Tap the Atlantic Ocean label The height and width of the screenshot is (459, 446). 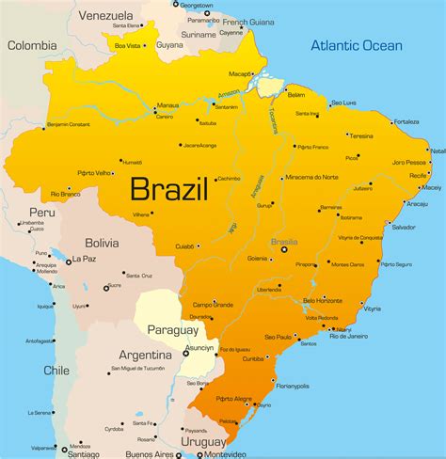pyautogui.click(x=357, y=45)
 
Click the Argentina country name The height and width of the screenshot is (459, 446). pyautogui.click(x=145, y=355)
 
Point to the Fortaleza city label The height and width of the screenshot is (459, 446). pyautogui.click(x=406, y=121)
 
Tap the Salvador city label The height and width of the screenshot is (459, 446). pyautogui.click(x=403, y=227)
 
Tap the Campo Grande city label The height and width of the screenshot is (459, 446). pyautogui.click(x=213, y=305)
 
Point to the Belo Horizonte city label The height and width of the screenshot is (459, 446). pyautogui.click(x=322, y=300)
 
